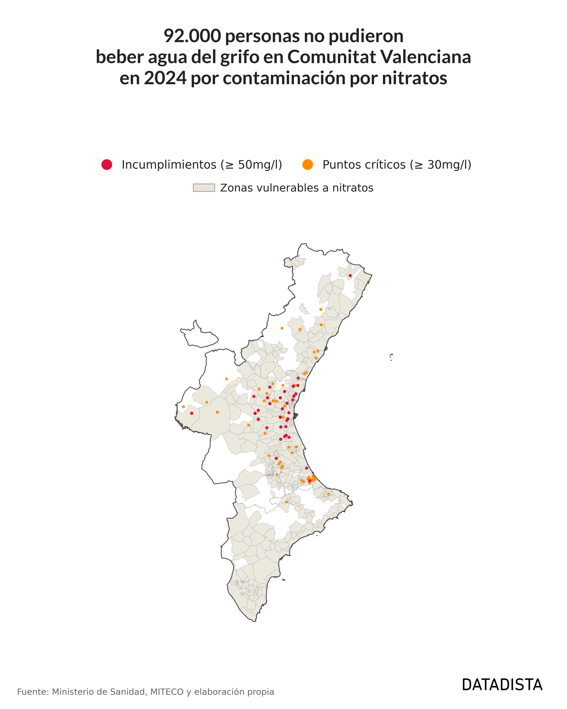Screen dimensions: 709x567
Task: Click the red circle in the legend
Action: pos(107,164)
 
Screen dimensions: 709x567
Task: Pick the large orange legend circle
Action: pos(308,164)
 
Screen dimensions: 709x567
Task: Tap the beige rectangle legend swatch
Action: pos(204,188)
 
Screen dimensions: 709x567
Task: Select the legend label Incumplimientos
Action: pos(169,164)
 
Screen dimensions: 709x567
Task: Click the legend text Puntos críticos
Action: pos(364,164)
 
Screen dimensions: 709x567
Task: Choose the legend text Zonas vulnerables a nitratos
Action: pos(297,188)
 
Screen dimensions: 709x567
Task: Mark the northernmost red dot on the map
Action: pos(350,276)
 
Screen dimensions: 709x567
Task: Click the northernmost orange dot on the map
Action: pos(368,282)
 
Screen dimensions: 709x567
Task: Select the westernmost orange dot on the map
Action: pos(183,407)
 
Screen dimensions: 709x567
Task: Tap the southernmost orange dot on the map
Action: pos(286,502)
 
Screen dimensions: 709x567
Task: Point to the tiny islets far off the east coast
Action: pos(391,357)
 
